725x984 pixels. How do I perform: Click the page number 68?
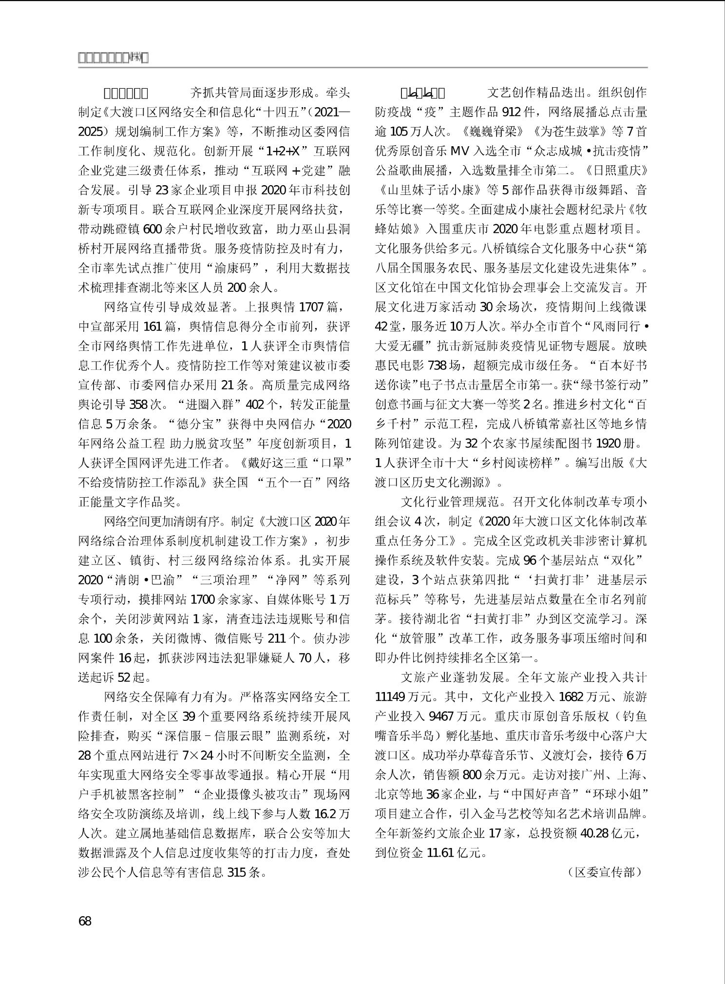[x=85, y=921]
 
